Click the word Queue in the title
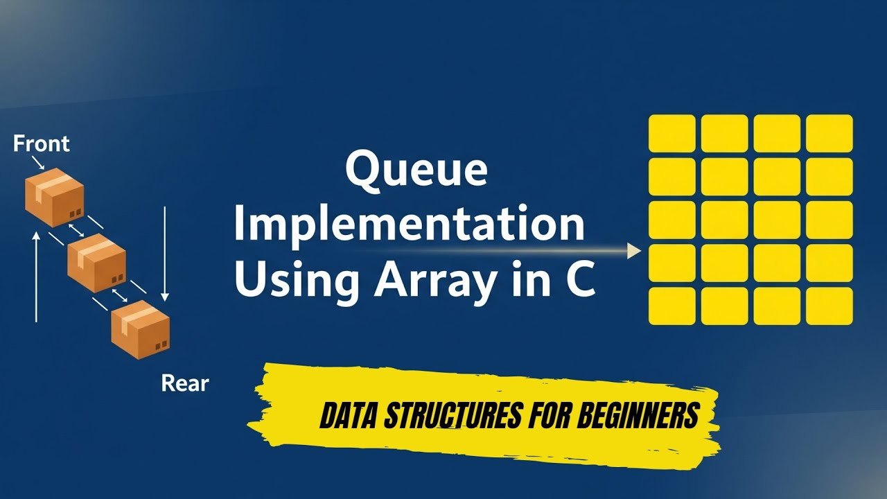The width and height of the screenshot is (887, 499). tap(416, 171)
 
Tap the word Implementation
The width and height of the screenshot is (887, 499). tap(409, 225)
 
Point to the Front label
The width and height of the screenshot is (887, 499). tap(42, 144)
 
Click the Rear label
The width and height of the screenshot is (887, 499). tap(185, 383)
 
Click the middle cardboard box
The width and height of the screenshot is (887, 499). tap(96, 263)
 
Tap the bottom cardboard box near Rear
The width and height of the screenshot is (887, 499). tap(141, 329)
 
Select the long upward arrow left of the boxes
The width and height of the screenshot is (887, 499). tap(36, 277)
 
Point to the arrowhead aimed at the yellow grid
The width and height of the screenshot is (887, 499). tap(633, 251)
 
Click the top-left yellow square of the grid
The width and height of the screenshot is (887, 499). tap(671, 133)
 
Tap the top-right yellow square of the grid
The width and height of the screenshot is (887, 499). tap(829, 133)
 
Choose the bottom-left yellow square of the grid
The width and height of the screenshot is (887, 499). tap(671, 306)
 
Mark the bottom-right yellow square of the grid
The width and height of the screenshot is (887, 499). tap(829, 306)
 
